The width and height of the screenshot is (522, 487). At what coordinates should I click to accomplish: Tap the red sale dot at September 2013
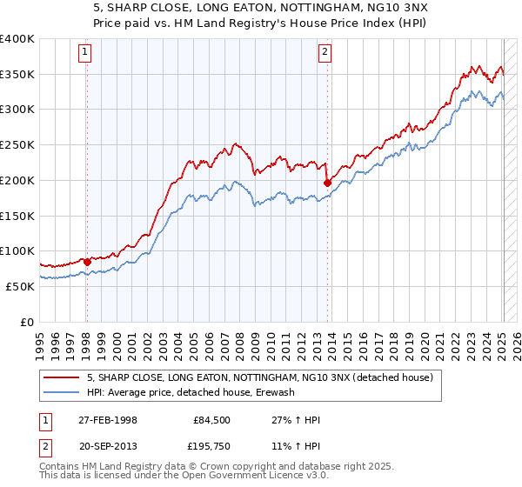pos(327,183)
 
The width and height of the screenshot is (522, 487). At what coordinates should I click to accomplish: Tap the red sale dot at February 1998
pos(87,261)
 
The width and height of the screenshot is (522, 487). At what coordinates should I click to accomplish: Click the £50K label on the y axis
pos(20,286)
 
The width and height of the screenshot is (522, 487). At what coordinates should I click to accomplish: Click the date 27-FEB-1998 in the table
pos(107,419)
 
